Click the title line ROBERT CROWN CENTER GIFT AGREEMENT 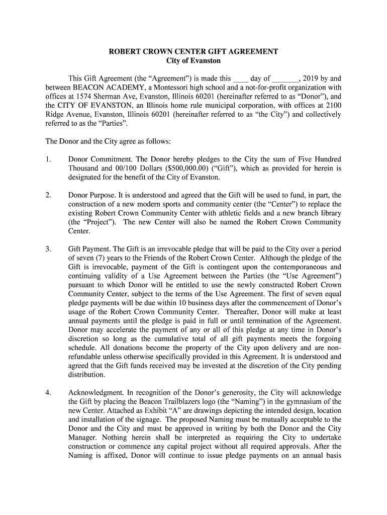point(193,52)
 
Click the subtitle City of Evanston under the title point(193,61)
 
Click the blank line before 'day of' point(241,79)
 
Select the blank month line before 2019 point(285,79)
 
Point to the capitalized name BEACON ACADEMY point(103,88)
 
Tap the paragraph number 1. point(48,159)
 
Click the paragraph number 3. point(48,249)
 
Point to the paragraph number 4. point(48,392)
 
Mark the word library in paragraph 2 point(330,213)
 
